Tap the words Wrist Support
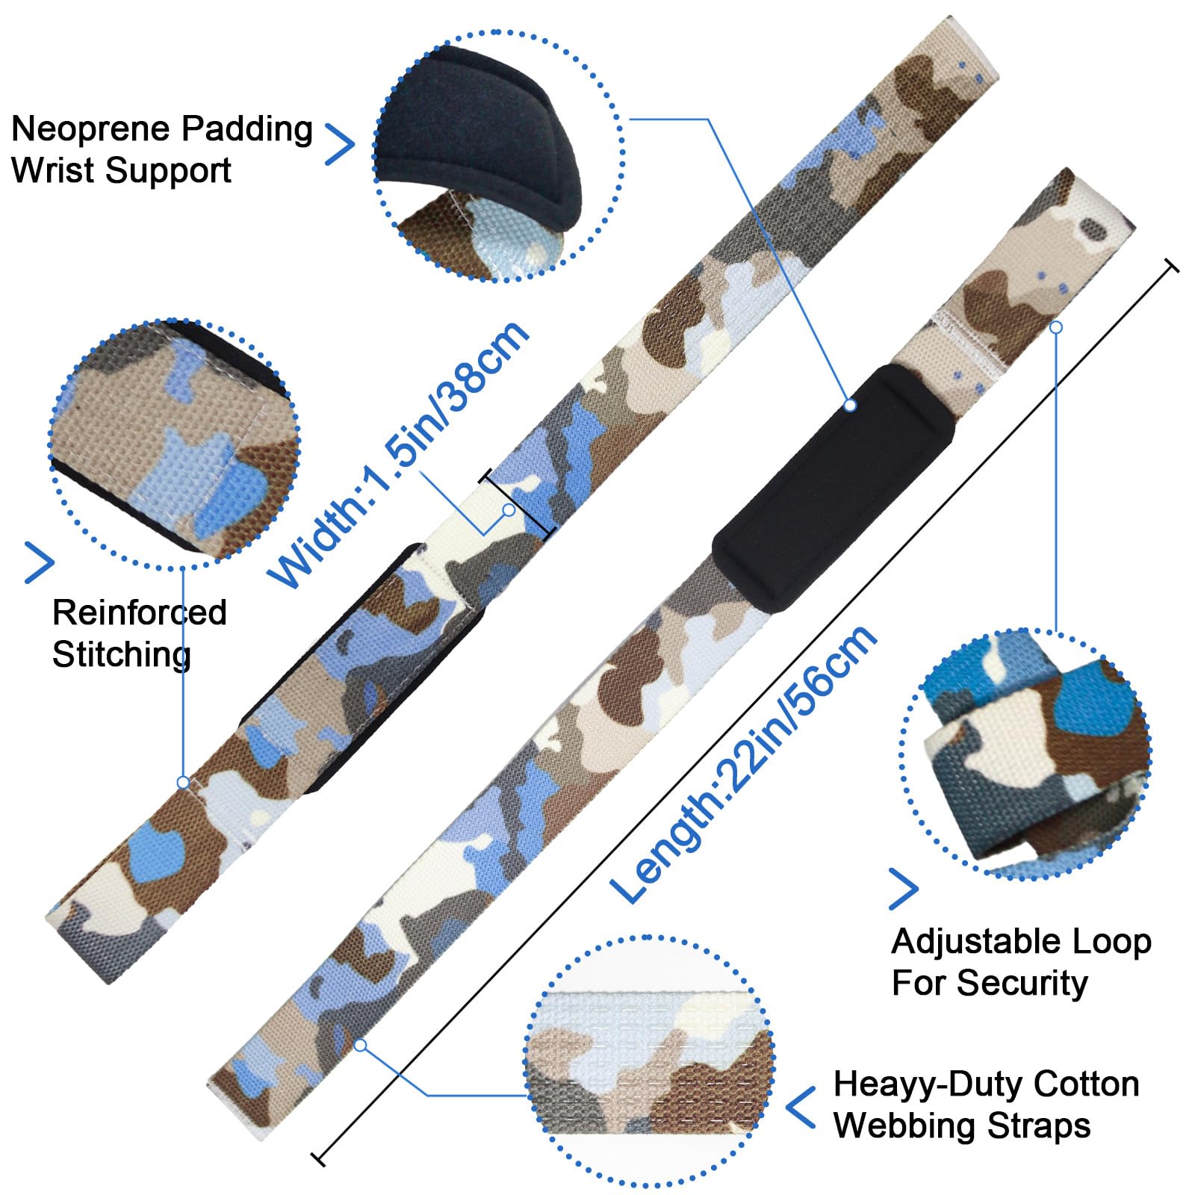[121, 170]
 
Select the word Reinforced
[140, 612]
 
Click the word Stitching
[122, 654]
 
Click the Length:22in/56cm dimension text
[743, 763]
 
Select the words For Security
[990, 983]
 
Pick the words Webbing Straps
[962, 1126]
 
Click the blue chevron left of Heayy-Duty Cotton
[801, 1107]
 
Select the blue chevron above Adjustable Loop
[903, 889]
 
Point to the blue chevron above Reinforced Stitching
[40, 562]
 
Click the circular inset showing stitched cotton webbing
[649, 1061]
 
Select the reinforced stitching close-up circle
[174, 444]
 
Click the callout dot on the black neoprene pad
[849, 405]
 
